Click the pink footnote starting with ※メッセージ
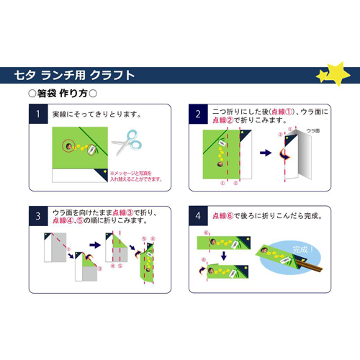(x=131, y=176)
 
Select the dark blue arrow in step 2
(x=264, y=153)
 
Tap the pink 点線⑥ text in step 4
(x=225, y=215)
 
